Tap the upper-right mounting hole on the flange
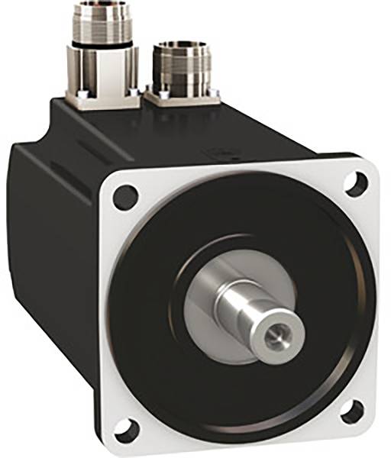point(353,182)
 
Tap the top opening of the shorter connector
point(182,47)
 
